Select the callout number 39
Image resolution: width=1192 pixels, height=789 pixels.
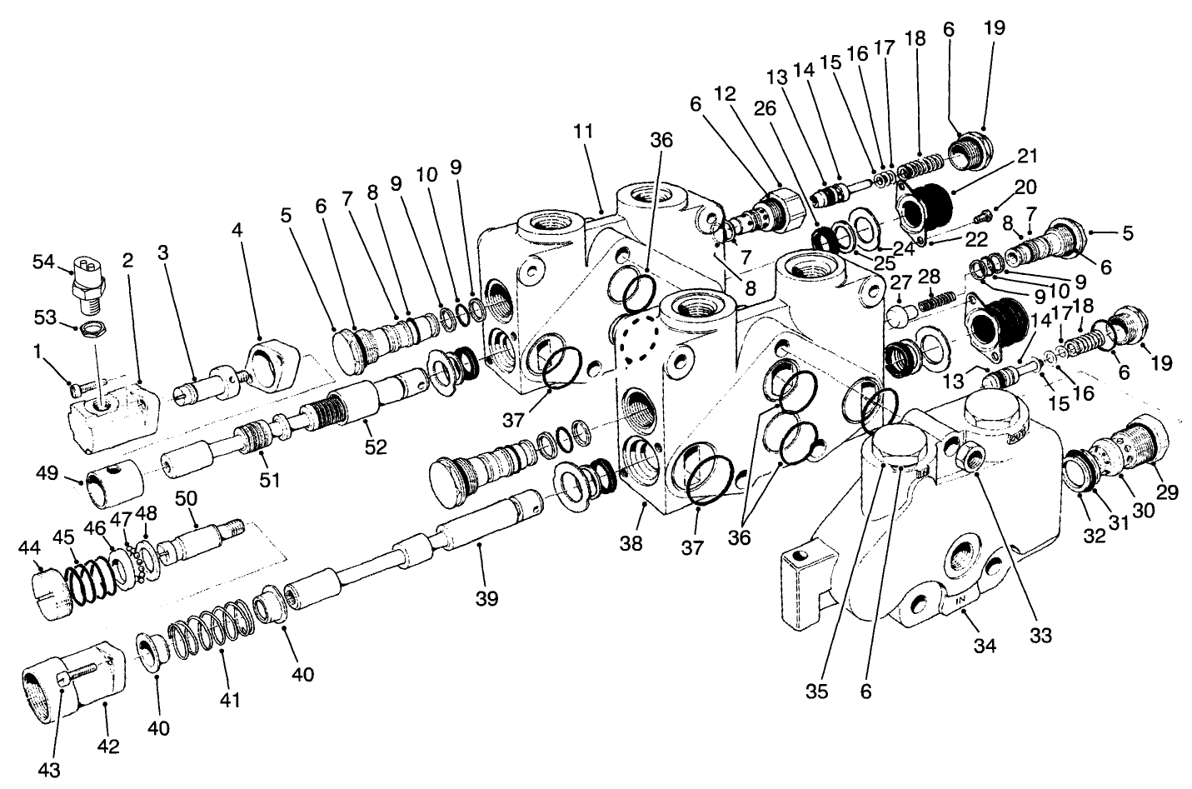point(486,597)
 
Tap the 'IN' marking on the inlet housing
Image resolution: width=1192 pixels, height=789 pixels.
point(960,598)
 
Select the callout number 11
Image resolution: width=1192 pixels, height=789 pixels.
point(583,131)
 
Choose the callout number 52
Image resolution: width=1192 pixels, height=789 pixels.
point(375,447)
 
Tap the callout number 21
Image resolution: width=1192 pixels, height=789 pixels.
point(1028,156)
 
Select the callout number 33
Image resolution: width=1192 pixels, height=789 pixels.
point(1040,636)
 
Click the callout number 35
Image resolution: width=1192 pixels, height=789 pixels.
point(817,692)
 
